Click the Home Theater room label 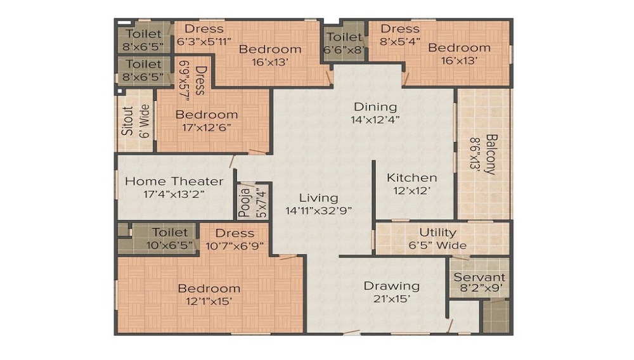pos(174,181)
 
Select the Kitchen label pos(411,177)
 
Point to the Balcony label pos(491,154)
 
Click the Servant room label pos(479,277)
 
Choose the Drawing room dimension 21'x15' pos(391,299)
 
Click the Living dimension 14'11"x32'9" pos(319,210)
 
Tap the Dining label pos(375,106)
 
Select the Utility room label pos(437,233)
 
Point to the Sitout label pos(127,120)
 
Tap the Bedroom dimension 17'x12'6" pos(206,127)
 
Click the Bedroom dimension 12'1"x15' pos(209,302)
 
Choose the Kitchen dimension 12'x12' pos(411,191)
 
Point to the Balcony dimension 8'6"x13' pos(475,155)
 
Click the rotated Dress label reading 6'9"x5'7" pos(184,80)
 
